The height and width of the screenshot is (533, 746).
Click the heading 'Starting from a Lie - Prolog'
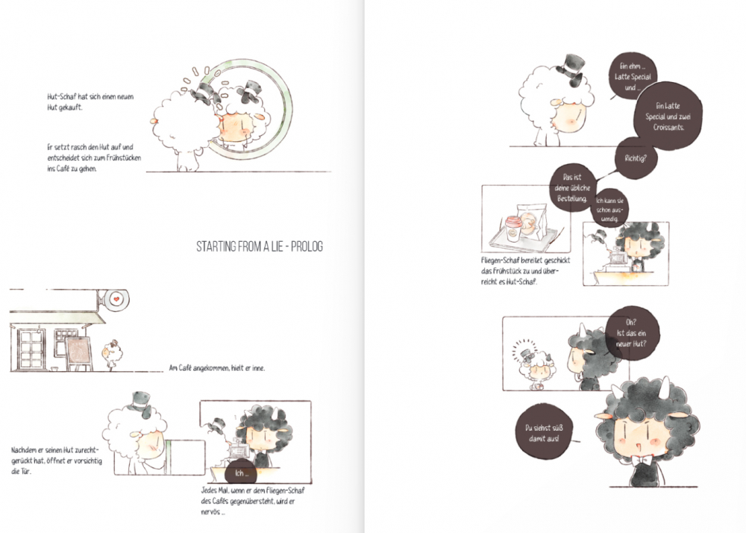[260, 246]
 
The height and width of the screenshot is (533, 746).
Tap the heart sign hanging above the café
[116, 299]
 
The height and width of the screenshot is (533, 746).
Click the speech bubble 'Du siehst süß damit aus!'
[544, 432]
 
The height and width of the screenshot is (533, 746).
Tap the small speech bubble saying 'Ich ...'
[242, 473]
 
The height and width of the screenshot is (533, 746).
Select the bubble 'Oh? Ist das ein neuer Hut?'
[632, 332]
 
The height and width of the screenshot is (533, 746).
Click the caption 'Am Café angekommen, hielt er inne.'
[217, 368]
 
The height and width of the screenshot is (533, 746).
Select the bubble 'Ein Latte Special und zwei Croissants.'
[668, 116]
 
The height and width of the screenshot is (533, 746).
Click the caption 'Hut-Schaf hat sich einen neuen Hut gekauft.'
[90, 102]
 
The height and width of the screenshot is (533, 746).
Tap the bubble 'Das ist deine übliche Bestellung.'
[572, 188]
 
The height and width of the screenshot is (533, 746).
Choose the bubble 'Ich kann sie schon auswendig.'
[609, 209]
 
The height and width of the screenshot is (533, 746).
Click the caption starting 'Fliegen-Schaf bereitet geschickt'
[525, 271]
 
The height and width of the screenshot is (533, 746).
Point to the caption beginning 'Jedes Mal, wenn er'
[252, 501]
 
